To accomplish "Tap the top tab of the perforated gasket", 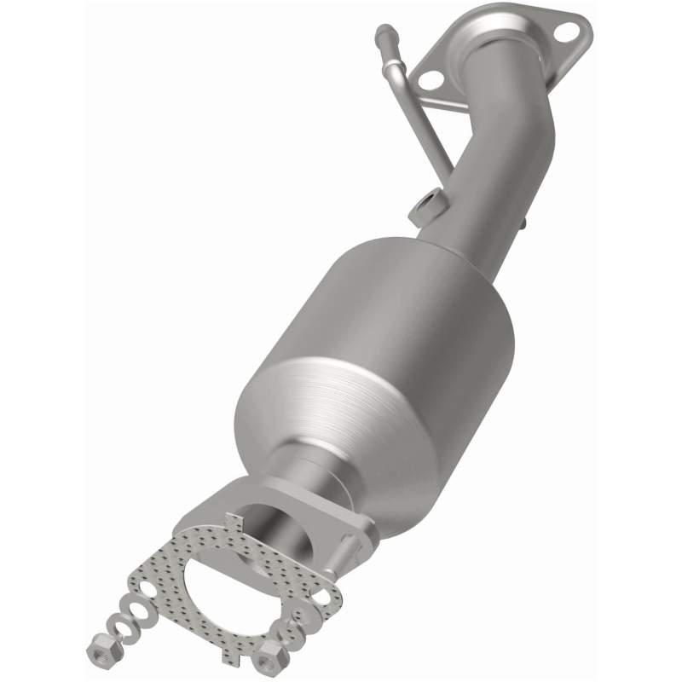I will (233, 521).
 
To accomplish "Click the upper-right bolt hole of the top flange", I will (564, 32).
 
